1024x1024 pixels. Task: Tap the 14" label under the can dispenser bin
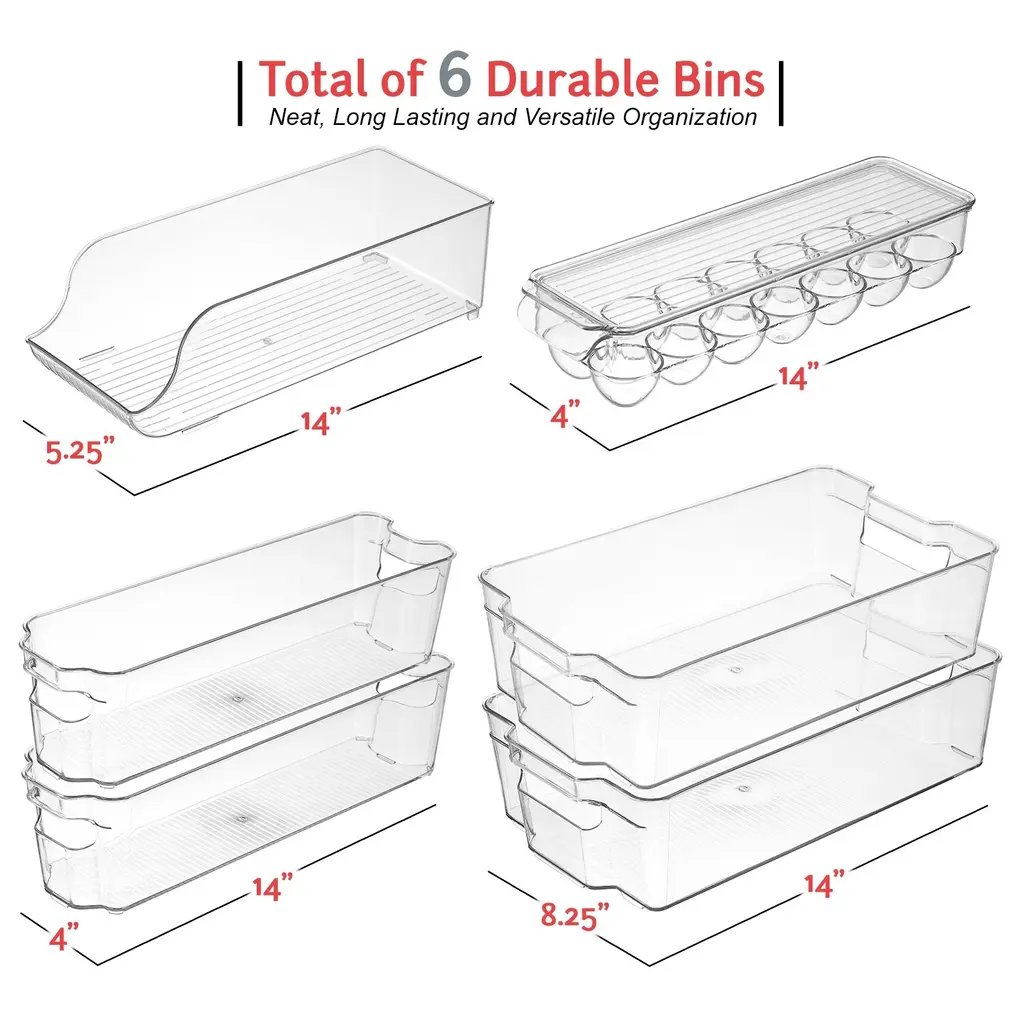point(321,420)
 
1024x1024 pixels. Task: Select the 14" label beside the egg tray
point(798,376)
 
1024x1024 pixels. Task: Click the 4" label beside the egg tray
point(565,414)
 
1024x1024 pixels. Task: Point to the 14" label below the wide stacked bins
point(824,884)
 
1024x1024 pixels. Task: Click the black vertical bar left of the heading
point(240,93)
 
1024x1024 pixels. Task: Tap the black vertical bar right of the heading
point(780,93)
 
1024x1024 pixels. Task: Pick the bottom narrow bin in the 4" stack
point(238,784)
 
